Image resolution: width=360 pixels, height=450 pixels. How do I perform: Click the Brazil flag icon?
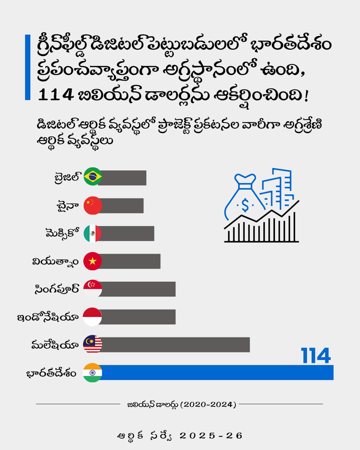pos(93,177)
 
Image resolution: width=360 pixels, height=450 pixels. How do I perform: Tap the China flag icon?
pos(93,205)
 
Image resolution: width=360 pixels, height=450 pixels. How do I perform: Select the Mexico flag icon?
pos(93,233)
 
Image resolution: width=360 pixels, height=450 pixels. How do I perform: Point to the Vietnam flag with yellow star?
pos(93,261)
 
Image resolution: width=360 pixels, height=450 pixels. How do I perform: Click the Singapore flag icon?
pos(93,289)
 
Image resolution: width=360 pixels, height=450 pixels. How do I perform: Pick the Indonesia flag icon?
pos(92,317)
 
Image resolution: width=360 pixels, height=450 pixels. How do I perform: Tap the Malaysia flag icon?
pos(93,344)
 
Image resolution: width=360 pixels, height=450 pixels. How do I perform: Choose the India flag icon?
pos(93,372)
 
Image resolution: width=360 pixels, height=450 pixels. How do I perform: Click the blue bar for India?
pos(217,372)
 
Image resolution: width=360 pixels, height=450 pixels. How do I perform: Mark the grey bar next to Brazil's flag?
pos(123,178)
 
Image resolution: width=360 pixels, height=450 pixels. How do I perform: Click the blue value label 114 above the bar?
pos(316,356)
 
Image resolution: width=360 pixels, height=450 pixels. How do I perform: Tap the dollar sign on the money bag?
pos(245,205)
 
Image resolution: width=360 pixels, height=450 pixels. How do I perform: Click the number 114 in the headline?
pos(56,95)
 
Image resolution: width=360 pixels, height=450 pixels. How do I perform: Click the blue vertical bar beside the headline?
pos(28,67)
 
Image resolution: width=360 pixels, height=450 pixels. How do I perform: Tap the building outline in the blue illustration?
pos(280,187)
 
